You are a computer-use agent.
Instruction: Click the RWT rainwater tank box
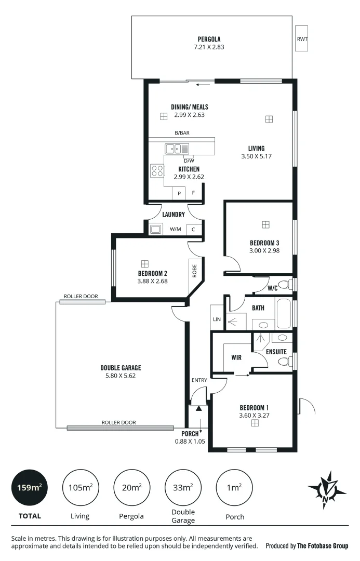click(x=301, y=39)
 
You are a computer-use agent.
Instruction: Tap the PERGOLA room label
click(x=209, y=39)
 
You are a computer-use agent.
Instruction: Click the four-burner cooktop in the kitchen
click(x=157, y=170)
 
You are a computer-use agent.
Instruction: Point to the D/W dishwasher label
click(x=188, y=161)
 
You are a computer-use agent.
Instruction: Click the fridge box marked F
click(x=194, y=193)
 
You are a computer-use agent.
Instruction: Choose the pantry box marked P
click(x=179, y=193)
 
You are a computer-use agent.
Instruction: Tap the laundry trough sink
click(x=156, y=229)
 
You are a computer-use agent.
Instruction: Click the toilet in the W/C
click(x=285, y=285)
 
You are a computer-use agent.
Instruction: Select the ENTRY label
click(x=199, y=380)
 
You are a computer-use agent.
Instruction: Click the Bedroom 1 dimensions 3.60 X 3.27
click(x=254, y=415)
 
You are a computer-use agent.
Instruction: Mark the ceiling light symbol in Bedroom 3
click(x=265, y=225)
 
